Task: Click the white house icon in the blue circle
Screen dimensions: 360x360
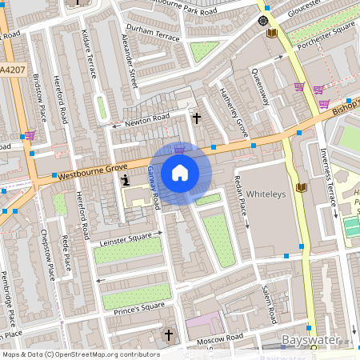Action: (x=180, y=173)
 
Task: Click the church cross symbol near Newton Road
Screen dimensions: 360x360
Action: (x=197, y=118)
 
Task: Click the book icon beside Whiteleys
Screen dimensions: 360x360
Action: (x=302, y=188)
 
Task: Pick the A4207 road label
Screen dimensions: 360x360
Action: (x=11, y=70)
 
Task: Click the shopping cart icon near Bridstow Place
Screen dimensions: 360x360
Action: (x=30, y=135)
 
